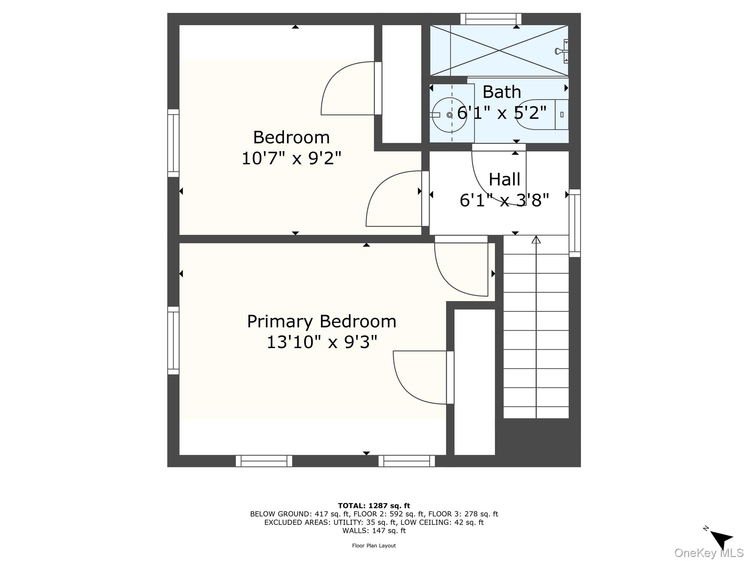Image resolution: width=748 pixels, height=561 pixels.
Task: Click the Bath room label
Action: (501, 92)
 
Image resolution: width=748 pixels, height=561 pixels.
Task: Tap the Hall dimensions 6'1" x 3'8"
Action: (504, 200)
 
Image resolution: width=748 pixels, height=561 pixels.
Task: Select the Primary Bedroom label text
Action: (321, 321)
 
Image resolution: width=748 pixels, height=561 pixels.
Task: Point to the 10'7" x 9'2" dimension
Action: (291, 159)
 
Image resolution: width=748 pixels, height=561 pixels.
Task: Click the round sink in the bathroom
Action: (449, 115)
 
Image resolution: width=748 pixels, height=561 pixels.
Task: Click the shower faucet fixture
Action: (561, 51)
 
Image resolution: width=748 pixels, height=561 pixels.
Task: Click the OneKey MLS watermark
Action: (709, 553)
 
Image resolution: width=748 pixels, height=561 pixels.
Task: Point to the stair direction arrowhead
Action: (536, 240)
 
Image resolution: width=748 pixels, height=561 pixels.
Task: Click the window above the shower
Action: (491, 19)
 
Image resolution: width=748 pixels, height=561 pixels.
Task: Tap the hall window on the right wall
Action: (575, 223)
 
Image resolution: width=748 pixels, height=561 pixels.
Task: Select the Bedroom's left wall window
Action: (173, 143)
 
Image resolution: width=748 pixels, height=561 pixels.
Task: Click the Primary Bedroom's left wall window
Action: (173, 340)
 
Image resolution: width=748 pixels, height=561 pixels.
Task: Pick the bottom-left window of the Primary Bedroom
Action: (264, 461)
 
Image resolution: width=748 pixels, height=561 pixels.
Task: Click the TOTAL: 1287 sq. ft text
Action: (374, 506)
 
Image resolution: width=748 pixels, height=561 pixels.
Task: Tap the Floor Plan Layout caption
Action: (374, 546)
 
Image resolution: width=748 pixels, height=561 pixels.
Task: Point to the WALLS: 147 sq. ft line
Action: (374, 531)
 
